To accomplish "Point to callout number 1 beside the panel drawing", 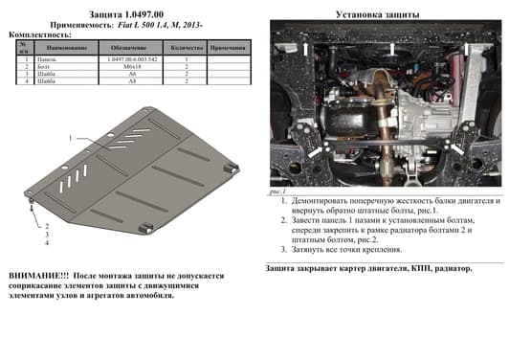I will coord(70,138).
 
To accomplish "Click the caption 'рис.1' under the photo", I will coord(279,192).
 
